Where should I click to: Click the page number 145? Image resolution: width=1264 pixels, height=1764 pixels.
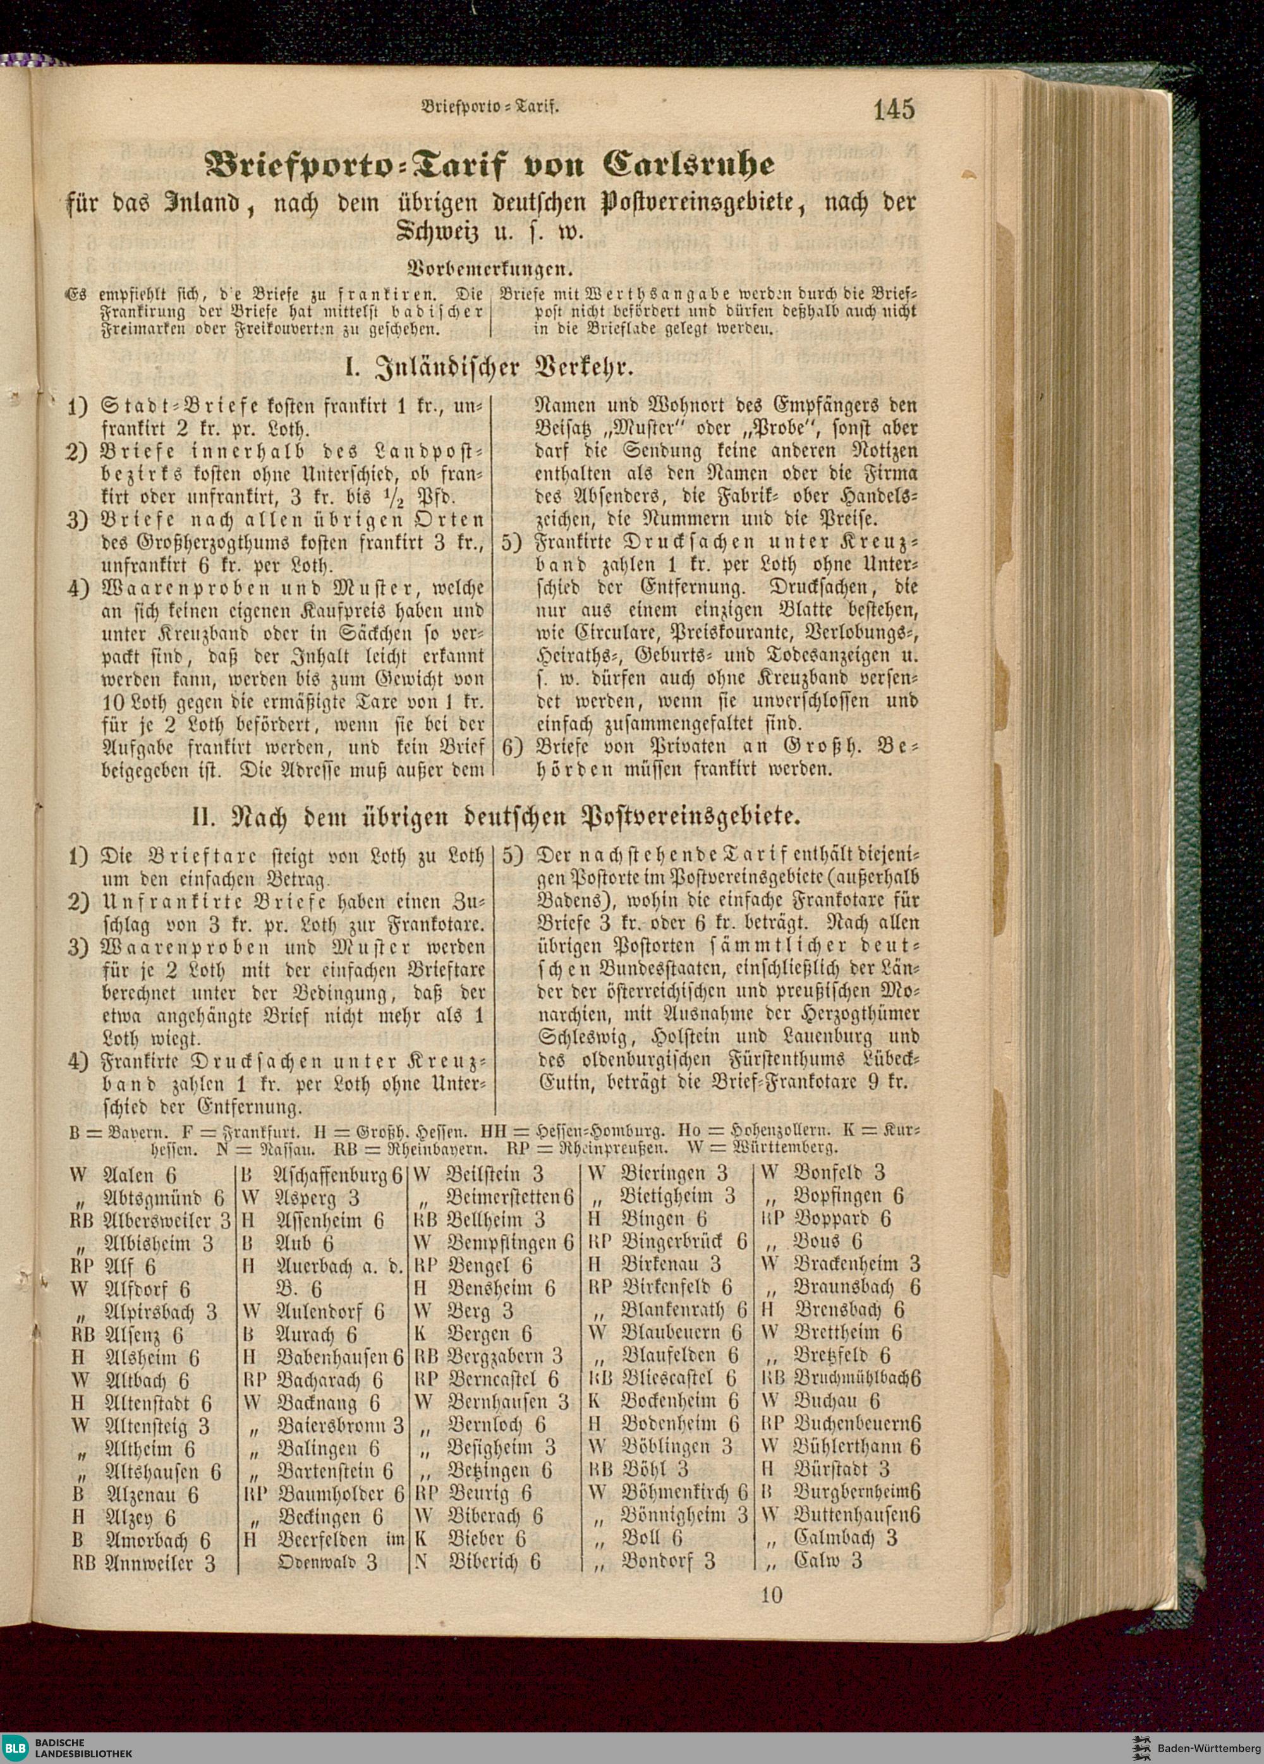coord(894,109)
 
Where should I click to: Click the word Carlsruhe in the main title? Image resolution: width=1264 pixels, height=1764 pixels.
coord(690,164)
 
